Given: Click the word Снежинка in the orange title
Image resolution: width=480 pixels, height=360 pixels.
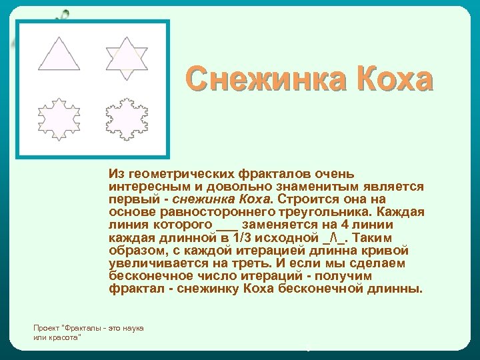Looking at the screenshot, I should (266, 79).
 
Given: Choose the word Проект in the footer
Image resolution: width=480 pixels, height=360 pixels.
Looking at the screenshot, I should (46, 329).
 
